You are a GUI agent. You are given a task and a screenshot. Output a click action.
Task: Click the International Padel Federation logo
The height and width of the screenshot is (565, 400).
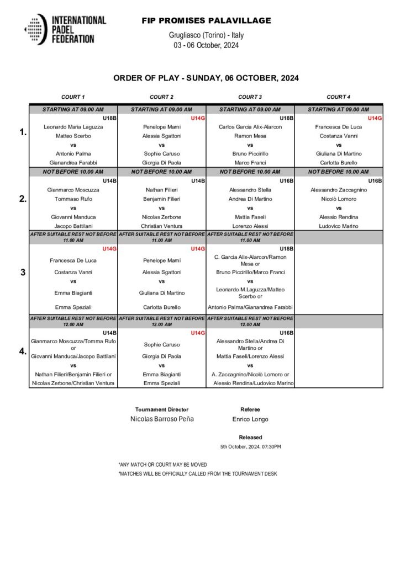pos(65,30)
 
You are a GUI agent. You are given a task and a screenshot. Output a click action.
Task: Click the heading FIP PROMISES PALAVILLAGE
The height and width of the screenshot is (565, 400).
pos(206,21)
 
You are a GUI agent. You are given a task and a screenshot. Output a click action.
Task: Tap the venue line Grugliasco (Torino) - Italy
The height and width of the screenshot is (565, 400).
pos(206,35)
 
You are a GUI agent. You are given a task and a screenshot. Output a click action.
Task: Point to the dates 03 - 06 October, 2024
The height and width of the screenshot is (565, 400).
pos(206,45)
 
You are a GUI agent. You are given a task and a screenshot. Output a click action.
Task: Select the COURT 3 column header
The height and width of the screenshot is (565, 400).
pos(250,97)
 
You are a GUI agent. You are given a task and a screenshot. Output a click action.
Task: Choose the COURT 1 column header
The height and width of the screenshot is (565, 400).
pos(73,97)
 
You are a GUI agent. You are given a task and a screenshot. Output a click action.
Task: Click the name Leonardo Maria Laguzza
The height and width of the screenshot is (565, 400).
pos(73,127)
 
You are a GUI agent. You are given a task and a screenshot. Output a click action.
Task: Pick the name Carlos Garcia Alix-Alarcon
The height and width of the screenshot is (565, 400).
pos(250,127)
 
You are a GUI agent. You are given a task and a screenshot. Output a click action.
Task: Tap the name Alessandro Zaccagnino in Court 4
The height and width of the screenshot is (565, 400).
pos(338,190)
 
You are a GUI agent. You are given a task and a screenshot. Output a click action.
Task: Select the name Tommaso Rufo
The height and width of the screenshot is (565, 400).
pos(73,199)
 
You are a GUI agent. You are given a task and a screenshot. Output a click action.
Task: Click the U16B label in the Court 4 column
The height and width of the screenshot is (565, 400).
pos(375,181)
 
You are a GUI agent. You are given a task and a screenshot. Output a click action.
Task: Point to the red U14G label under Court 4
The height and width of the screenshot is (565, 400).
pos(375,118)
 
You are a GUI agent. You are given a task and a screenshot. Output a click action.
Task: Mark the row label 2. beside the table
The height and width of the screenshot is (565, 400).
pos(23,199)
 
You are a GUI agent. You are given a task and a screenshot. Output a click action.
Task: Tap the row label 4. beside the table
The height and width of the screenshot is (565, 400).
pos(23,351)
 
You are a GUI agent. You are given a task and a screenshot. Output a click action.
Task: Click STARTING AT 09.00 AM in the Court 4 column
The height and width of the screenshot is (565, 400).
pos(338,110)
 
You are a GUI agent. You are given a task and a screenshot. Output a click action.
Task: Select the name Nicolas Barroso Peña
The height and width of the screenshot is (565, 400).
pos(162,419)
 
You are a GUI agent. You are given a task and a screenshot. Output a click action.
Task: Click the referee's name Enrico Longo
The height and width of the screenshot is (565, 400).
pos(250,419)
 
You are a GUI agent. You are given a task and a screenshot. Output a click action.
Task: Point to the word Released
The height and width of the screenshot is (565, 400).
pos(250,437)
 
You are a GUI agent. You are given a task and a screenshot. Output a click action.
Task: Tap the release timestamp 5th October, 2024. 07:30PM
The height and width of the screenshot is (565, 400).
pos(250,446)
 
